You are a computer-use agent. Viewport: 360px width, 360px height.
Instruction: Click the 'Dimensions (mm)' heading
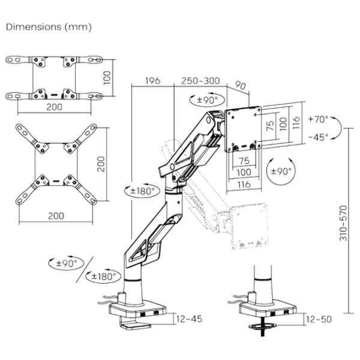point(49,28)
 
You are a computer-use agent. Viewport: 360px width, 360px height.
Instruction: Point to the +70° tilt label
point(319,119)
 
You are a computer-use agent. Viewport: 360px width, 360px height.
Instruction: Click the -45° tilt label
point(319,137)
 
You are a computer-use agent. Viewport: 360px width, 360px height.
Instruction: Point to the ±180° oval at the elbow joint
point(140,190)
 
